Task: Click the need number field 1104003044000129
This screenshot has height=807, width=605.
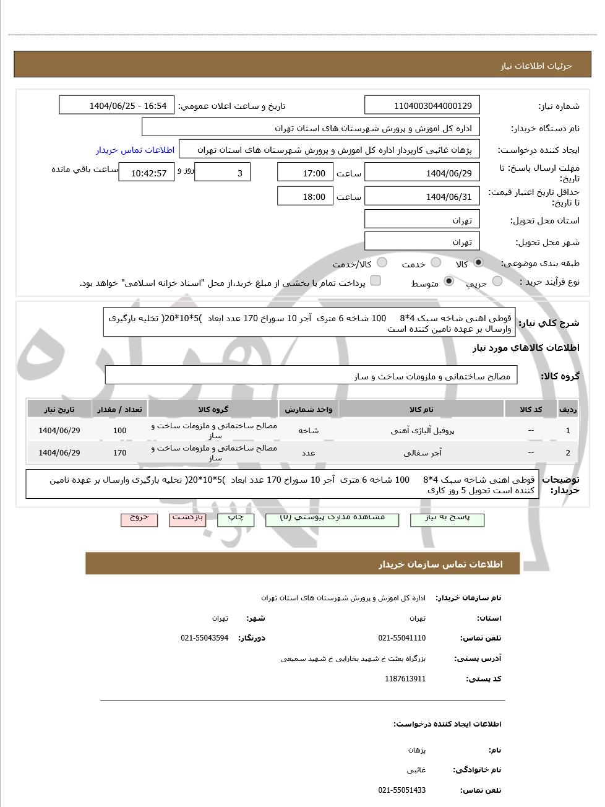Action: click(x=423, y=106)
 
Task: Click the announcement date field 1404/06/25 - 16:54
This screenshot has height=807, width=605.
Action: click(x=117, y=106)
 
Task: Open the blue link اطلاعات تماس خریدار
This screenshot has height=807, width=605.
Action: click(x=135, y=150)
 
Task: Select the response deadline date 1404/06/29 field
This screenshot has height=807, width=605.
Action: click(x=423, y=173)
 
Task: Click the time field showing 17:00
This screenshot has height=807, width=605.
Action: click(x=305, y=173)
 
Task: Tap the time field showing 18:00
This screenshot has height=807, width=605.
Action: click(x=305, y=197)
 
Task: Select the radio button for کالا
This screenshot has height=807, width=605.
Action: click(x=478, y=262)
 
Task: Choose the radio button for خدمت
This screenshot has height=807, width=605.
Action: click(x=436, y=262)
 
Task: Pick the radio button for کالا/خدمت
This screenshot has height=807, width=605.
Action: click(x=382, y=262)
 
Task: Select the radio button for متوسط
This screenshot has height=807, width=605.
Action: click(x=449, y=282)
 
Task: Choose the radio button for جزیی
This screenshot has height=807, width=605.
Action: click(x=497, y=282)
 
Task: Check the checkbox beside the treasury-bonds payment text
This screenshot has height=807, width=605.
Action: click(x=375, y=281)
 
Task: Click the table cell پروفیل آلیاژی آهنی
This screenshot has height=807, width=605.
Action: click(x=422, y=431)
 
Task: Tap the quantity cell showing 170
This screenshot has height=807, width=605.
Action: click(x=119, y=452)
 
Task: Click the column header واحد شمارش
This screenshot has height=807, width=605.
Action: click(x=308, y=410)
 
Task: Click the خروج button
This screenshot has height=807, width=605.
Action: click(x=139, y=519)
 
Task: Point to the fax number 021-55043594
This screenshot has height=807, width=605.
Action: click(x=204, y=638)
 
